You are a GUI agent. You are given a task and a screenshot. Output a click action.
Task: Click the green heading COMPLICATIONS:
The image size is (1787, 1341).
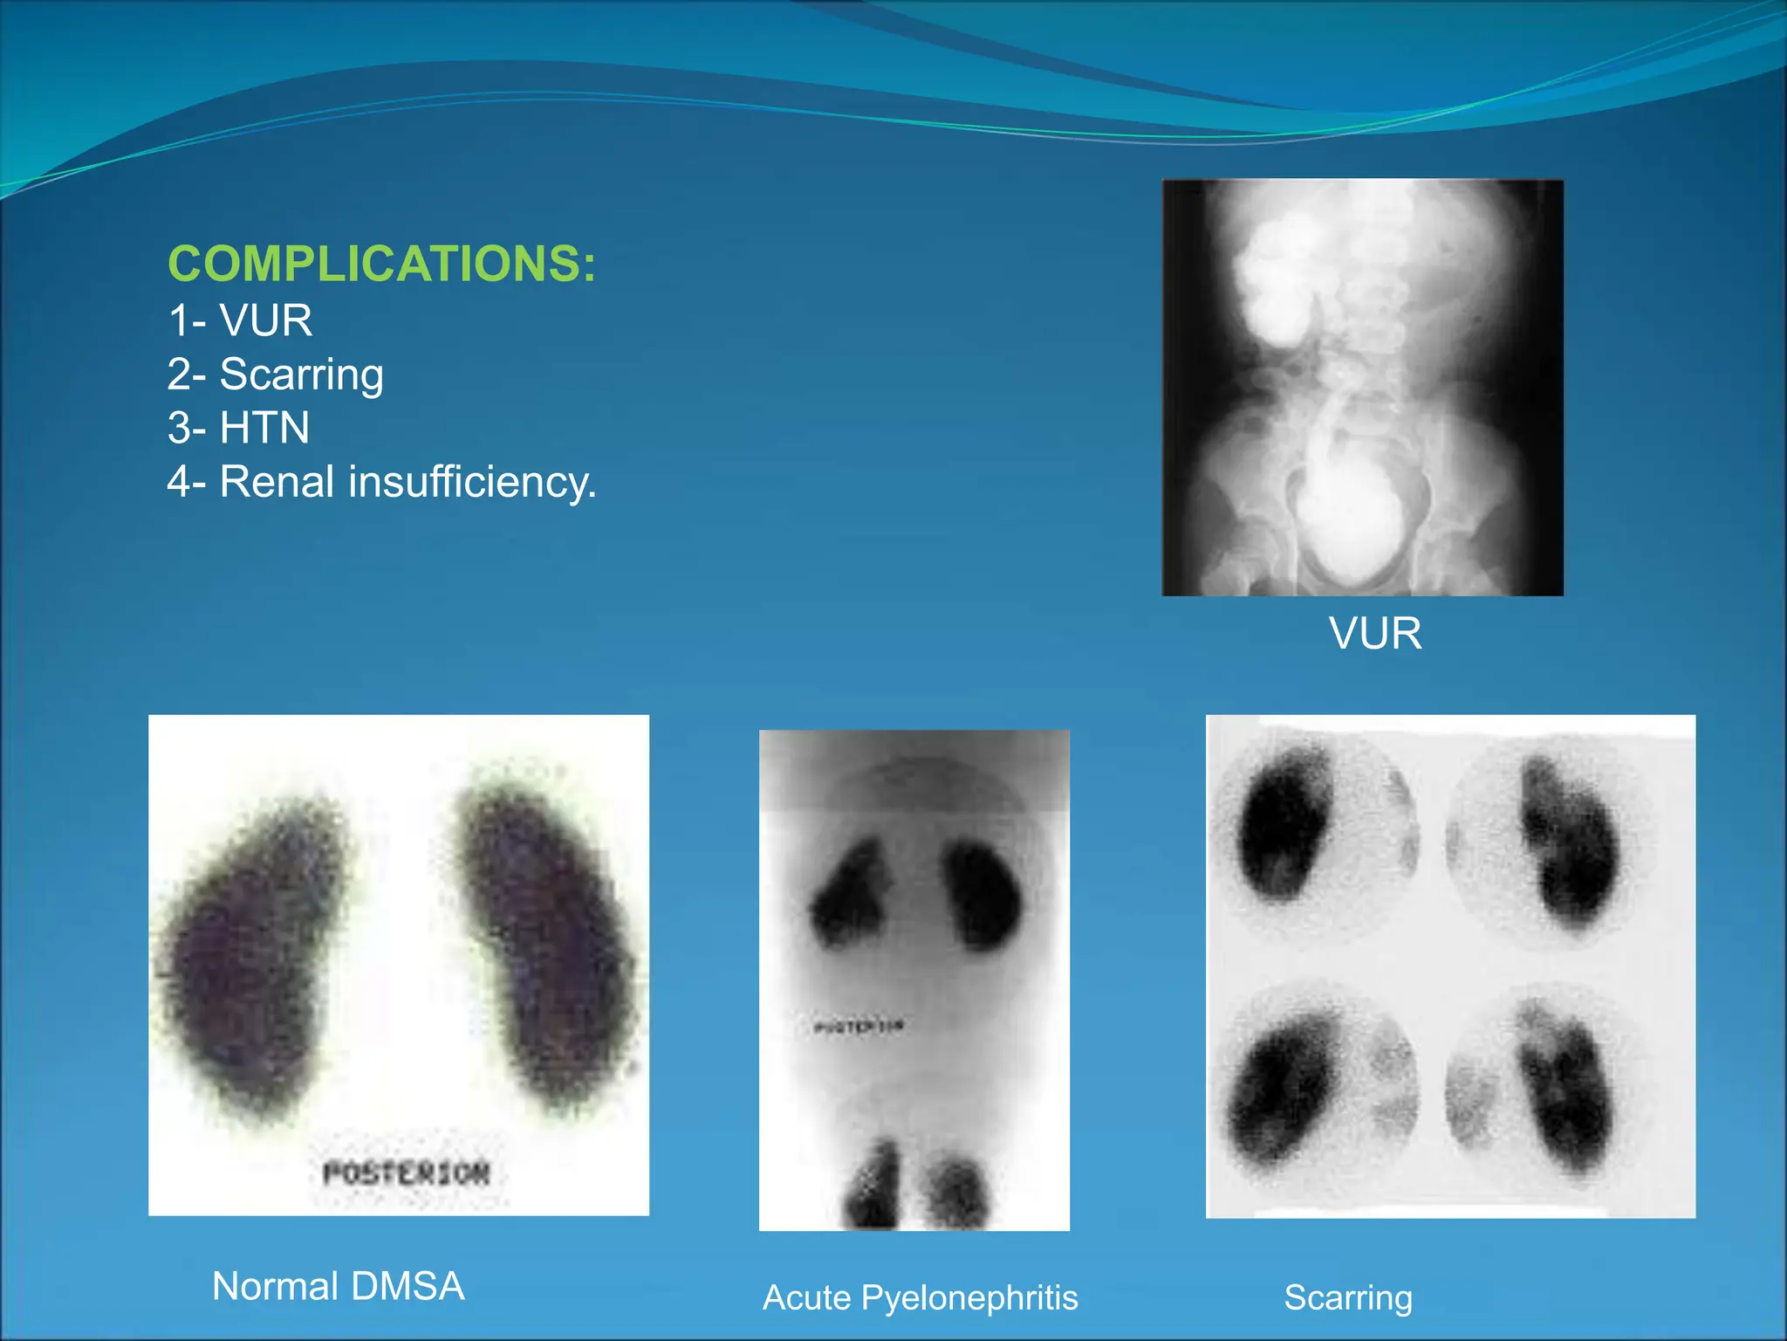[x=381, y=264]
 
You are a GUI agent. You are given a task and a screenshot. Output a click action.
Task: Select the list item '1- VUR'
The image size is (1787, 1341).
[x=240, y=320]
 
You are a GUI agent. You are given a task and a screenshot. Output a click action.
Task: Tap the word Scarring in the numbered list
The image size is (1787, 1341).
[x=301, y=375]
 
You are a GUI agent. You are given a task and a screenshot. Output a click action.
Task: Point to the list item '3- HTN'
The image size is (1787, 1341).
[x=238, y=428]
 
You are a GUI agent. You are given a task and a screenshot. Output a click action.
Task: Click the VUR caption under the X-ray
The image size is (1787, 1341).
[x=1374, y=633]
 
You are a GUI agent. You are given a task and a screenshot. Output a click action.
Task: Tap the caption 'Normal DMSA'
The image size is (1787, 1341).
[x=338, y=1286]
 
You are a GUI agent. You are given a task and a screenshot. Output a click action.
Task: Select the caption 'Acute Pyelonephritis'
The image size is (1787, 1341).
[x=920, y=1297]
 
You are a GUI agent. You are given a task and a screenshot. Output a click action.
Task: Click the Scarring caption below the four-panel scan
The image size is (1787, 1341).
[x=1348, y=1297]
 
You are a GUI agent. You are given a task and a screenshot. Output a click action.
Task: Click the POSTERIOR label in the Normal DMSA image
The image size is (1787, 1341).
[x=406, y=1173]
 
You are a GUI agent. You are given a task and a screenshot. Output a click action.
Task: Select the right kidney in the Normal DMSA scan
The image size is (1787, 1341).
[x=545, y=943]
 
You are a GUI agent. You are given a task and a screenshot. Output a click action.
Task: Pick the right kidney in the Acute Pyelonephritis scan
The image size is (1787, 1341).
[x=983, y=895]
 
